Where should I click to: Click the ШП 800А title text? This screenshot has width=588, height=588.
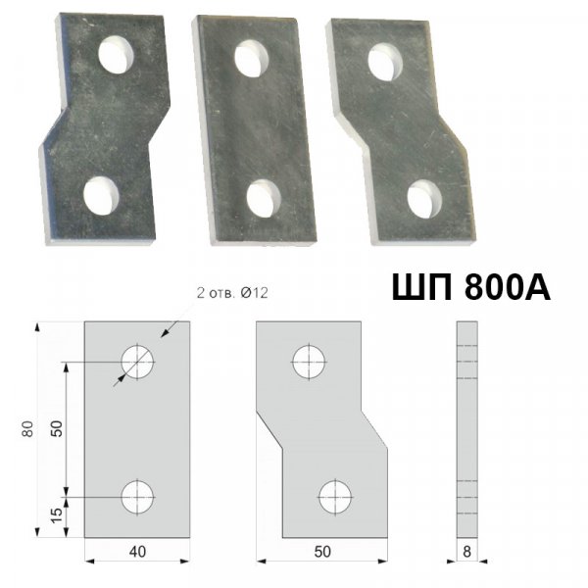[471, 287]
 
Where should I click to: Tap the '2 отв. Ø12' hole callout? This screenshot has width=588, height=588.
[232, 293]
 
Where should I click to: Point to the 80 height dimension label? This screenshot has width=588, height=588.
[27, 429]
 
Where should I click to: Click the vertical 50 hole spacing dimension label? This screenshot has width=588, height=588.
[57, 428]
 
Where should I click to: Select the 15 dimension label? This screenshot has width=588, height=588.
[57, 516]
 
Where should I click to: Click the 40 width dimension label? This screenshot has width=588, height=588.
[137, 552]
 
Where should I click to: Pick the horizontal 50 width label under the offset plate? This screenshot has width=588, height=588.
[322, 552]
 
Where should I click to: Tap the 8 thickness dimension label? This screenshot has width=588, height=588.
[466, 552]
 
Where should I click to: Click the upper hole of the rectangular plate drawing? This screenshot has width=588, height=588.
[137, 363]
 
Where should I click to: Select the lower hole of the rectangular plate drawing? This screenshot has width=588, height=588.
[137, 497]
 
